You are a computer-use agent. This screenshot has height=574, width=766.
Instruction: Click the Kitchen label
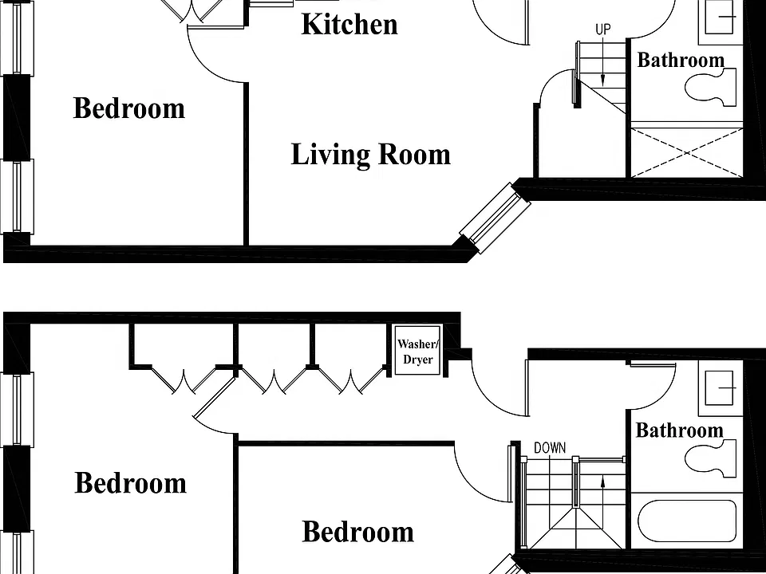(349, 25)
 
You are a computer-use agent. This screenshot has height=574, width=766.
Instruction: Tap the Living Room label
(371, 155)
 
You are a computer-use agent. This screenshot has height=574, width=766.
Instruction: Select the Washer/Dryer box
(417, 351)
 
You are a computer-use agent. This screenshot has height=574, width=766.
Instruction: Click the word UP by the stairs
(603, 29)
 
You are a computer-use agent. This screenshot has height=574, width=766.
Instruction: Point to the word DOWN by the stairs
(550, 447)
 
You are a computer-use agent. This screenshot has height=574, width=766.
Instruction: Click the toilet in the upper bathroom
(710, 88)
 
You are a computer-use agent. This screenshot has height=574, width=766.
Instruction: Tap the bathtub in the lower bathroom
(687, 521)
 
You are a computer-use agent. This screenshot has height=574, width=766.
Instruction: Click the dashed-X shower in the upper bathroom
(687, 153)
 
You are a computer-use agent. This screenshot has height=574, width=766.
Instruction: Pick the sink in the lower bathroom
(721, 388)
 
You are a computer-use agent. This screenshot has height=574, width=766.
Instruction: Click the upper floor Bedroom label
(129, 108)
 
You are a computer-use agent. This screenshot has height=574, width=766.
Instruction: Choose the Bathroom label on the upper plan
(681, 60)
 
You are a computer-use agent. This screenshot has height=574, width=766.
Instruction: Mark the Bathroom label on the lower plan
(680, 430)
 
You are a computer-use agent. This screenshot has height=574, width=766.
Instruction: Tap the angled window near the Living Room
(495, 217)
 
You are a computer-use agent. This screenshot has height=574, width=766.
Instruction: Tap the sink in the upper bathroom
(721, 17)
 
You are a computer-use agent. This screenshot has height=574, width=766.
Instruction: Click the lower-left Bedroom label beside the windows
(130, 483)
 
